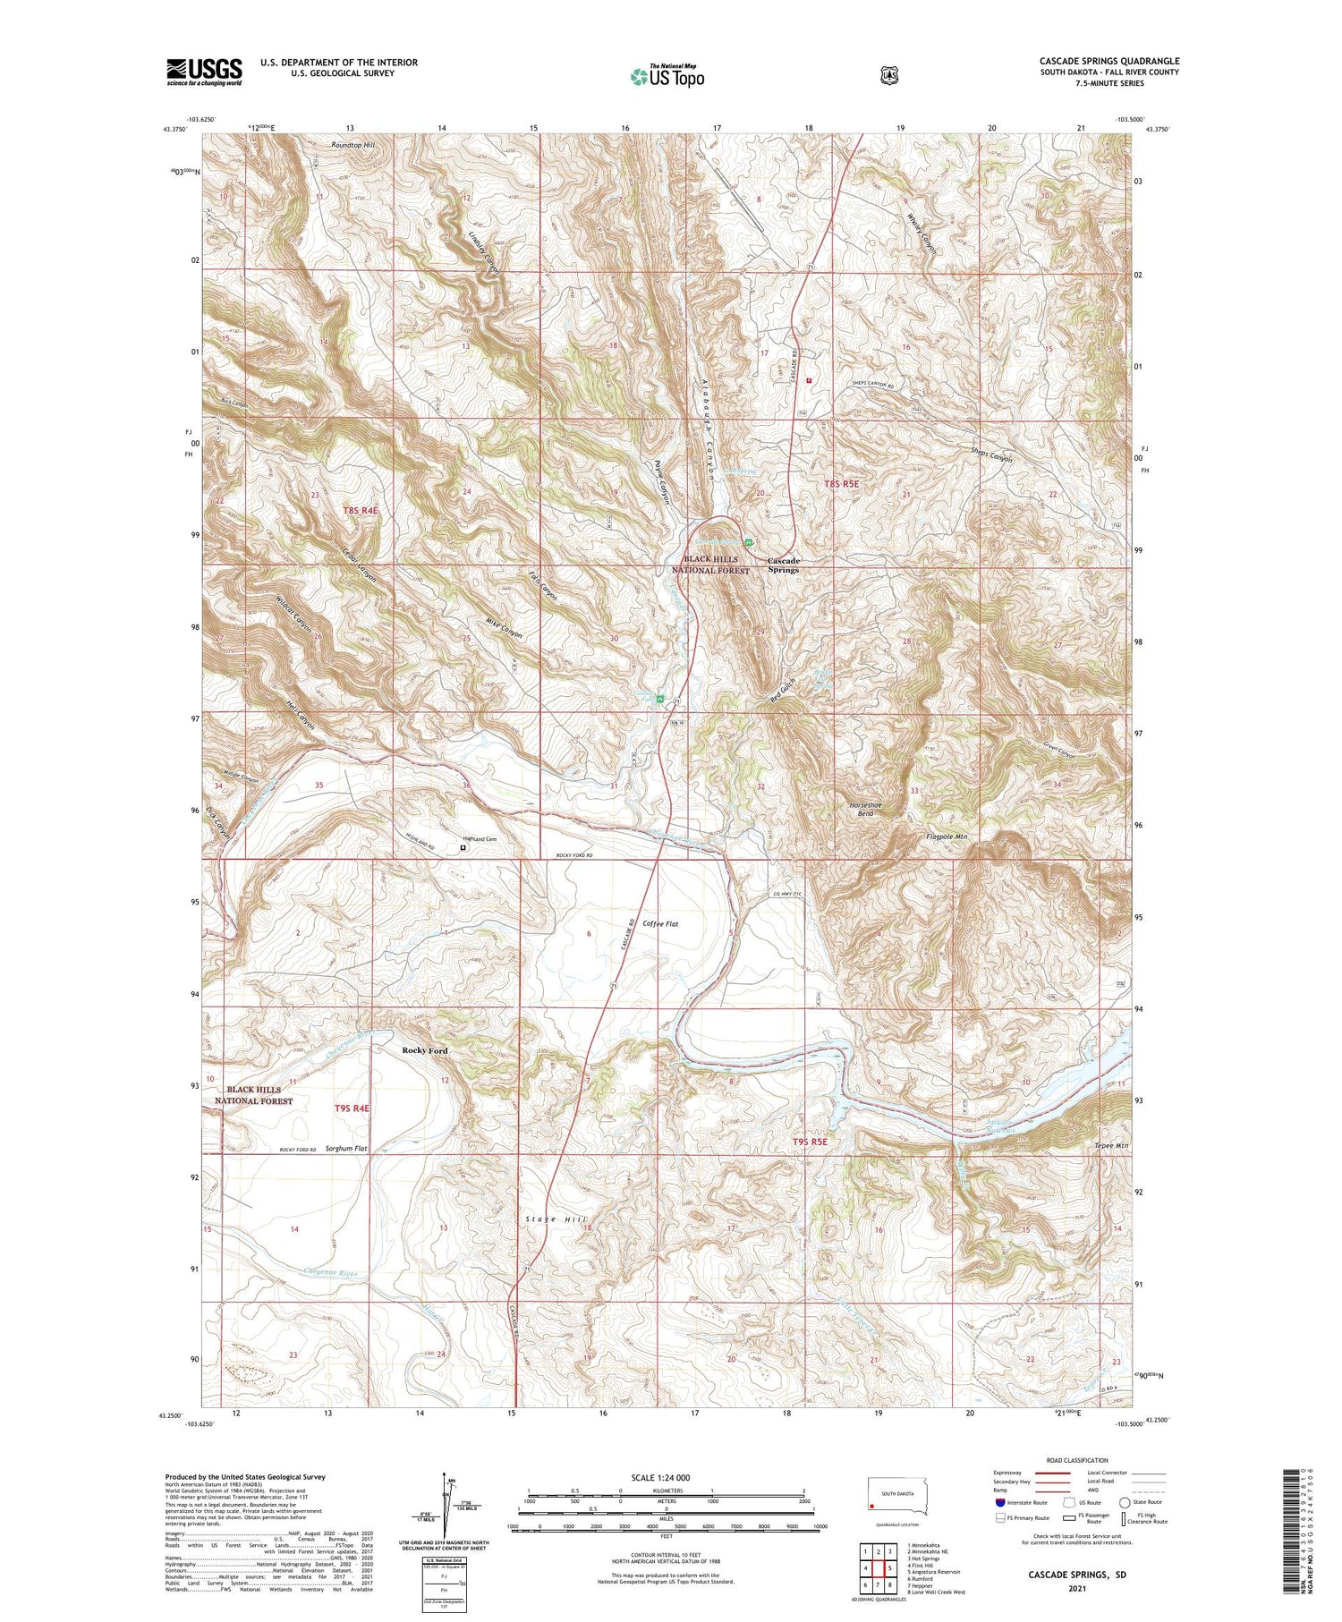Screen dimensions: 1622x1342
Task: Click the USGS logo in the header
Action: [204, 72]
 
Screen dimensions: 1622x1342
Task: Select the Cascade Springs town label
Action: [783, 565]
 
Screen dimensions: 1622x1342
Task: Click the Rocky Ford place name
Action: [425, 1050]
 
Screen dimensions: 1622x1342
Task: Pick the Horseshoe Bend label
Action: [865, 810]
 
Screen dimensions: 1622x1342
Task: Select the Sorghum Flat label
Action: [346, 1148]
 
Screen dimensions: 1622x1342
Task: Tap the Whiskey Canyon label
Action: [922, 234]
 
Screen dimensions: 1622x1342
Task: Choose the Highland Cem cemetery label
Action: [479, 839]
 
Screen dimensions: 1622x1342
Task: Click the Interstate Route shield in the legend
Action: [1000, 1502]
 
